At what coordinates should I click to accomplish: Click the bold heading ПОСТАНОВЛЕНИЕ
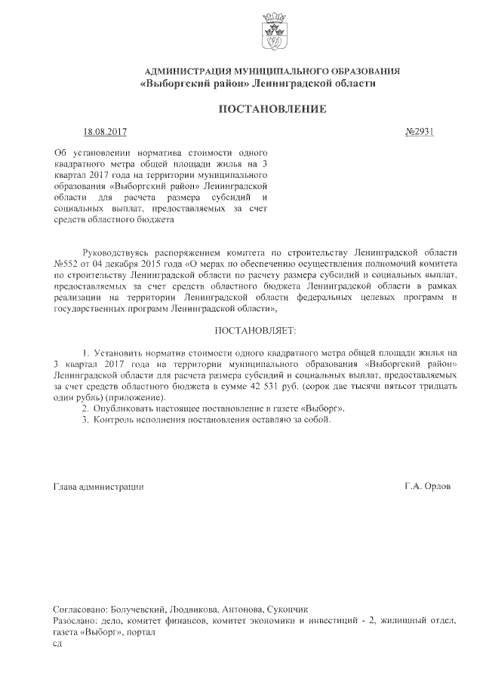(272, 109)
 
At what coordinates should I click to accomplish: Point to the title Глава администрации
(98, 487)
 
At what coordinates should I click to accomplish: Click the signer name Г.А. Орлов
(427, 487)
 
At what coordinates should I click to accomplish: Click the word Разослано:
(75, 620)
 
